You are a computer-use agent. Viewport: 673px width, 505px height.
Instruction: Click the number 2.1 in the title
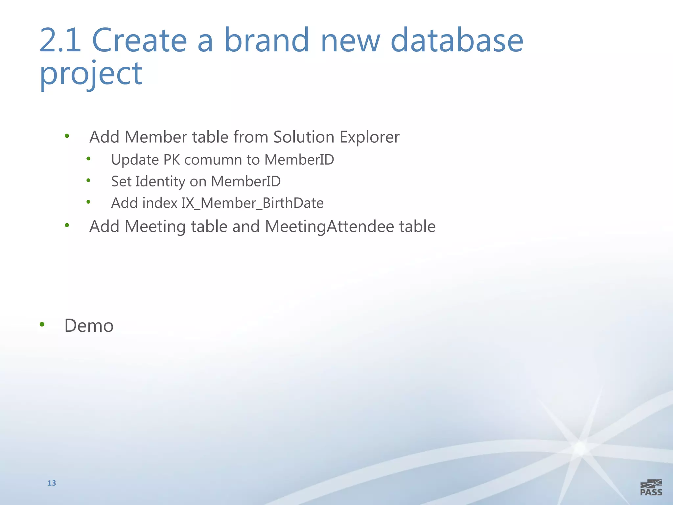click(x=60, y=40)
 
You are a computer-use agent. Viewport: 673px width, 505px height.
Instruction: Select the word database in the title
click(x=456, y=40)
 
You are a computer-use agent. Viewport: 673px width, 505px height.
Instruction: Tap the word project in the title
click(x=91, y=74)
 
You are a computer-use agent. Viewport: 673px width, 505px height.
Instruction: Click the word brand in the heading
click(x=267, y=40)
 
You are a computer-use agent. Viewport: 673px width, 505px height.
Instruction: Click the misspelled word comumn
click(x=213, y=160)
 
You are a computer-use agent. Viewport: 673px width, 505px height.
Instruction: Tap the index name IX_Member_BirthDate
click(x=252, y=203)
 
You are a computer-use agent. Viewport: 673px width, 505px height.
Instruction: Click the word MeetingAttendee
click(x=329, y=227)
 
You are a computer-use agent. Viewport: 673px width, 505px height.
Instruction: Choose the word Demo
click(x=89, y=326)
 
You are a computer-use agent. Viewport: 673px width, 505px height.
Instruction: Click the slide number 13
click(x=52, y=483)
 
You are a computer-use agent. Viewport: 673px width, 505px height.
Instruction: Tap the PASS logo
click(x=651, y=488)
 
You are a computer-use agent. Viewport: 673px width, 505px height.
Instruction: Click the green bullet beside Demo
click(x=42, y=325)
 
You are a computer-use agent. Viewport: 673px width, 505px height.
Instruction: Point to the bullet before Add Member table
click(x=67, y=136)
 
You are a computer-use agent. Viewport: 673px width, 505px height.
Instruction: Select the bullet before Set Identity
click(x=88, y=180)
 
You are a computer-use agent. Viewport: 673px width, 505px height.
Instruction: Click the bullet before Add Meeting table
click(x=67, y=225)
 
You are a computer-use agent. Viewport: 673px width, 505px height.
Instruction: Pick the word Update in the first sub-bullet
click(x=135, y=160)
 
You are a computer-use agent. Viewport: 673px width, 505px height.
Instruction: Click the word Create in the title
click(x=139, y=40)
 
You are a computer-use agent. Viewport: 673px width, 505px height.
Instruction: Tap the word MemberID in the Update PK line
click(x=299, y=160)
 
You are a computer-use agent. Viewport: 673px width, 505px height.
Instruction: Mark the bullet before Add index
click(x=88, y=202)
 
